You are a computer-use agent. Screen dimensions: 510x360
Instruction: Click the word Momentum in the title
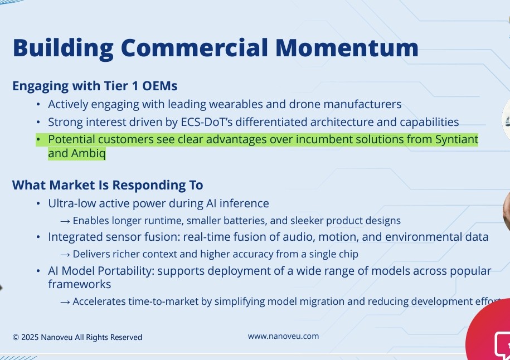[x=347, y=48]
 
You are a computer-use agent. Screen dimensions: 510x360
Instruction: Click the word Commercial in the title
[x=195, y=48]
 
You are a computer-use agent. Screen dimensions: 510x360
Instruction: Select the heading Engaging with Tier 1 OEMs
[x=95, y=86]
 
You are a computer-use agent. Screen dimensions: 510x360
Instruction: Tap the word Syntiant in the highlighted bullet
[x=456, y=140]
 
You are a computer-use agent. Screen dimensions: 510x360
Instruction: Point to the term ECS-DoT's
[x=207, y=122]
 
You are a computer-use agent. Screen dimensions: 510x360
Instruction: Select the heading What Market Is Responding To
[x=108, y=185]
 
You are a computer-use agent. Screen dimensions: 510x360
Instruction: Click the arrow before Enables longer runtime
[x=65, y=221]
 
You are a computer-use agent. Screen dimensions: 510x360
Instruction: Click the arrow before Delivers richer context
[x=65, y=255]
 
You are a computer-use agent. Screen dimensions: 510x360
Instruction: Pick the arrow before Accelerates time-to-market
[x=65, y=302]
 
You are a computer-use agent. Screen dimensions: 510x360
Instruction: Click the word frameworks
[x=79, y=284]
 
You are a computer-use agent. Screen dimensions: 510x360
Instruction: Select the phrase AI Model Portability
[x=101, y=271]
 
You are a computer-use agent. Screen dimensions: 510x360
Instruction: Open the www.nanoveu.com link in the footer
[x=283, y=336]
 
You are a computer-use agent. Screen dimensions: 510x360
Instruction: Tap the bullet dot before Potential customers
[x=38, y=140]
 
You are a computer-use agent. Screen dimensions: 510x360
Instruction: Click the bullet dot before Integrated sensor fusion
[x=38, y=237]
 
